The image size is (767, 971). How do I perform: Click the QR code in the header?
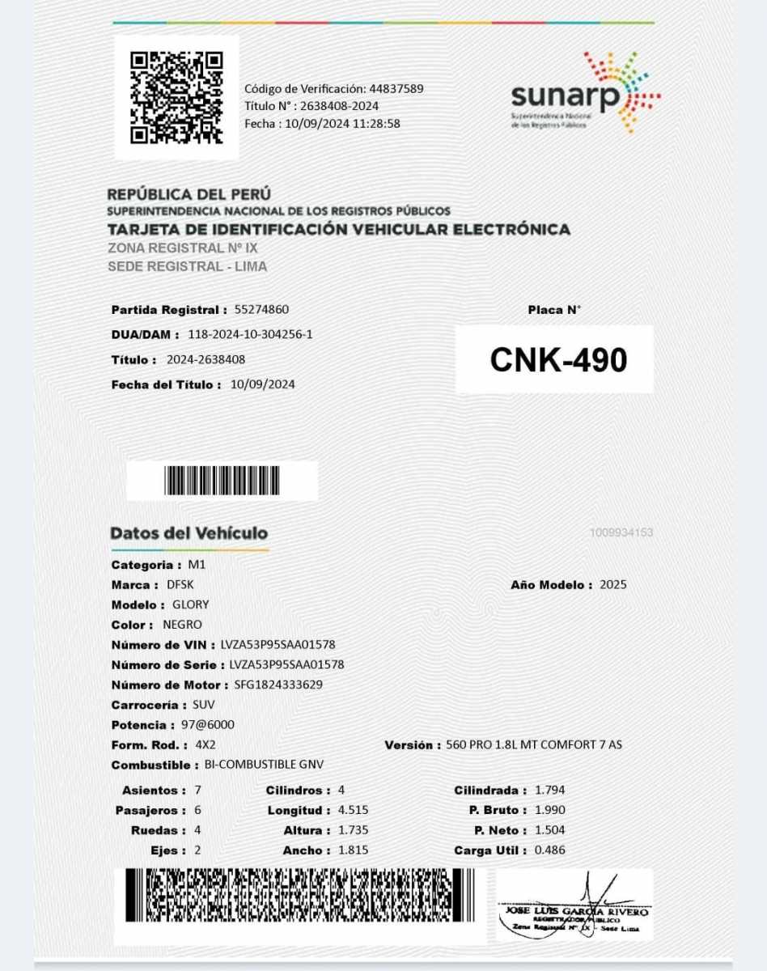click(x=176, y=97)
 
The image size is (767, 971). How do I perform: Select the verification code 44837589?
click(x=396, y=89)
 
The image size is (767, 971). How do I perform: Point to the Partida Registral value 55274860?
click(x=261, y=310)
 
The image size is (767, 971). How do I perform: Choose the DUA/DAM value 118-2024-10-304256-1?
click(x=250, y=334)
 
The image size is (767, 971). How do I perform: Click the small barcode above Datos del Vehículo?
click(x=222, y=481)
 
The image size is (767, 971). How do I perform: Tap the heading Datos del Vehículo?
click(x=189, y=533)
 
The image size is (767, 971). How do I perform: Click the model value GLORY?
click(x=191, y=604)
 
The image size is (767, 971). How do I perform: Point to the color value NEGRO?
click(x=182, y=625)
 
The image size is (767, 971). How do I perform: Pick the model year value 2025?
click(x=613, y=584)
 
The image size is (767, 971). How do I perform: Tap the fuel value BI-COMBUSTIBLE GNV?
click(x=265, y=765)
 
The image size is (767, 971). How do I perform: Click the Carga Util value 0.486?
click(x=550, y=850)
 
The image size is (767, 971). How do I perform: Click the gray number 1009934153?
click(x=621, y=532)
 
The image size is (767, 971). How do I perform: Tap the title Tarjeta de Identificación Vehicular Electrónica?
click(x=338, y=230)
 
